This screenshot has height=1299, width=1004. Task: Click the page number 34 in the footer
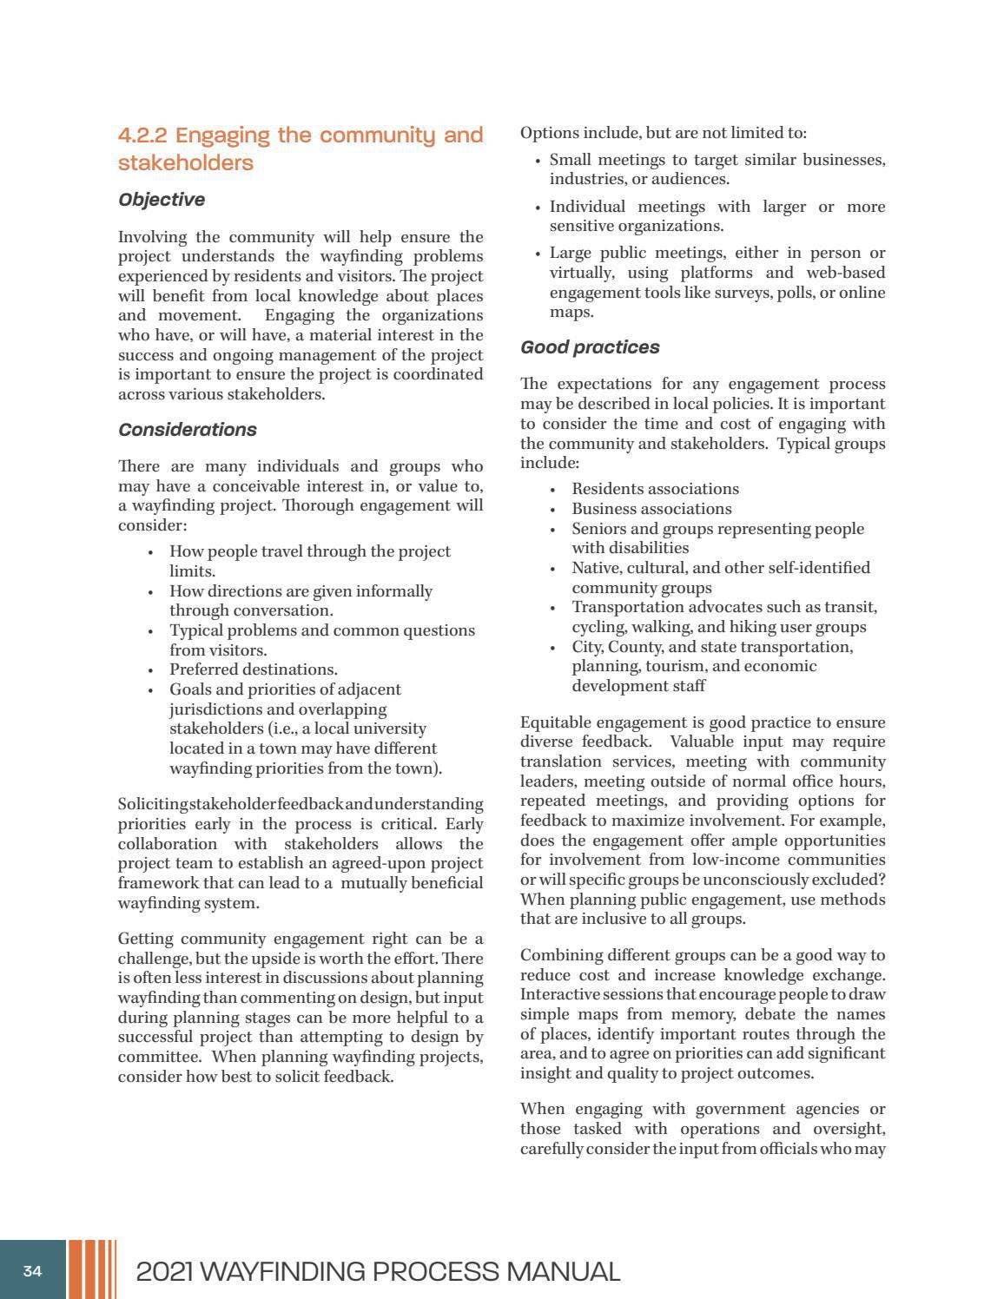[32, 1271]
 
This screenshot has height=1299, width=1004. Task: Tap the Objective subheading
[162, 200]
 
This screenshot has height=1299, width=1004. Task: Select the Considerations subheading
[187, 430]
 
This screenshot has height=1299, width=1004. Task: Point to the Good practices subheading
[590, 347]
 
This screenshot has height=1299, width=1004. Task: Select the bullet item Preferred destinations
[253, 669]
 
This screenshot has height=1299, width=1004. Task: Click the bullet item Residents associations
[655, 489]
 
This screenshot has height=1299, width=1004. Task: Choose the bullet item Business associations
[651, 509]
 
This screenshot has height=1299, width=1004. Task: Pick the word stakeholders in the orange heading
[185, 163]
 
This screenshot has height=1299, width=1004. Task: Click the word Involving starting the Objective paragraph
[151, 237]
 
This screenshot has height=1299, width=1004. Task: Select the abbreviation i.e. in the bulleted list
[282, 729]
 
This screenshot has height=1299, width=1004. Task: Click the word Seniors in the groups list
[598, 529]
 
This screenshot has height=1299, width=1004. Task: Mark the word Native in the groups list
[595, 568]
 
